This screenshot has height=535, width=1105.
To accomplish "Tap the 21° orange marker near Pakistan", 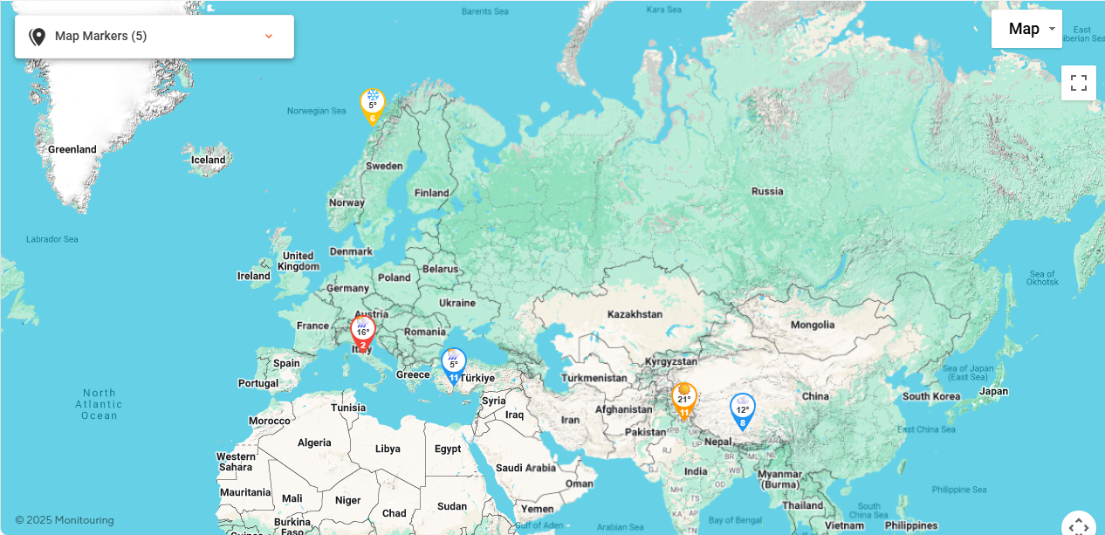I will point(684,400).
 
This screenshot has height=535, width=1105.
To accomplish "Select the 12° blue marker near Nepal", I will point(742,410).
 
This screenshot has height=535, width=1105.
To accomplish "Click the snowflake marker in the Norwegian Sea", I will point(373,105).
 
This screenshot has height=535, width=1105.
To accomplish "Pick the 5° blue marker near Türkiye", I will point(453,364).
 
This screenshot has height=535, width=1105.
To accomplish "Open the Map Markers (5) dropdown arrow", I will point(269,36).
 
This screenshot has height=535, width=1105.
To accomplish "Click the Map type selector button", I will point(1026,29).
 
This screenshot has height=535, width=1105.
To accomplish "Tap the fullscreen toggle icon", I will point(1079,83).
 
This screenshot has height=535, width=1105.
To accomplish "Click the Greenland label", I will point(72,149).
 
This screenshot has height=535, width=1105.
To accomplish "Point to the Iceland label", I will point(209,160).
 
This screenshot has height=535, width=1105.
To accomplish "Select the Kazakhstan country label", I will point(635,314).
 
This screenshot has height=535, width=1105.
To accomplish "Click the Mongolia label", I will point(812,325).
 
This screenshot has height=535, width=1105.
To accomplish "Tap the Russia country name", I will point(767,191).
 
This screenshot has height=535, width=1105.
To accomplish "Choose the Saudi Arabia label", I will point(525,468).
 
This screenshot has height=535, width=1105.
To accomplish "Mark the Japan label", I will point(993,392).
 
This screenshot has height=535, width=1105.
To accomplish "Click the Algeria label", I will point(314,442).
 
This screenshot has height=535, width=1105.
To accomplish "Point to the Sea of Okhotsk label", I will point(1042,278).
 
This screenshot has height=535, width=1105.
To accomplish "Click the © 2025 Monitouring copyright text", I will point(65,520).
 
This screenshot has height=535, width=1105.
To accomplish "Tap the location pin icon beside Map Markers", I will point(37,36).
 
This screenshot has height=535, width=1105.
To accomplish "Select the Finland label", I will point(431,193).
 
